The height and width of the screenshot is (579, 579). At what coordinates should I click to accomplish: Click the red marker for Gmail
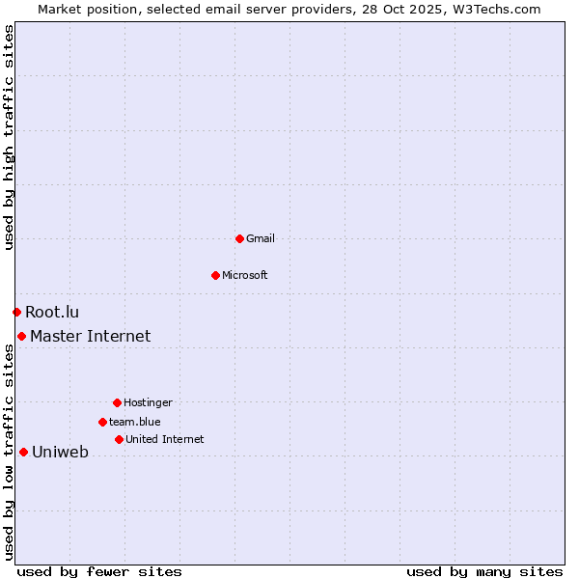pyautogui.click(x=239, y=238)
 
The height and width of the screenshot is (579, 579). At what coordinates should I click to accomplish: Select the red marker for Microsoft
pyautogui.click(x=215, y=275)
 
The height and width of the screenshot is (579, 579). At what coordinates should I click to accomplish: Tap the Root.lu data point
pyautogui.click(x=16, y=312)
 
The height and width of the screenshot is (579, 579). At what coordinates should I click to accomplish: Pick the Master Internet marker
pyautogui.click(x=21, y=336)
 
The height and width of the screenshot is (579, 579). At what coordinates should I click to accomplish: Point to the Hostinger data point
pyautogui.click(x=117, y=402)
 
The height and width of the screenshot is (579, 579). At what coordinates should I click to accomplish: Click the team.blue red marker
pyautogui.click(x=102, y=422)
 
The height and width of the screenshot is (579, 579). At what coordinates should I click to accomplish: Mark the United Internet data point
pyautogui.click(x=119, y=439)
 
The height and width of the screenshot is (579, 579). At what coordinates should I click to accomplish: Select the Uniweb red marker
pyautogui.click(x=23, y=452)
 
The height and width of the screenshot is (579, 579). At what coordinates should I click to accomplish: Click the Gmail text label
pyautogui.click(x=261, y=238)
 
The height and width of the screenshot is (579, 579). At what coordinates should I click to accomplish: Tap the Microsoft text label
pyautogui.click(x=245, y=275)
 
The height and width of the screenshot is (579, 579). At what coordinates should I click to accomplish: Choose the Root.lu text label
pyautogui.click(x=52, y=312)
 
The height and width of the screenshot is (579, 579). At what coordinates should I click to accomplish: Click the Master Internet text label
pyautogui.click(x=91, y=336)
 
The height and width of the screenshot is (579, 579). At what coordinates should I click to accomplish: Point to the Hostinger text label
pyautogui.click(x=148, y=402)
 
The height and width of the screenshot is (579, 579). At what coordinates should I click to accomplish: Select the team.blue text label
pyautogui.click(x=135, y=422)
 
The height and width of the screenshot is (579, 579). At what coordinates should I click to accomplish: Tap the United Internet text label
pyautogui.click(x=165, y=439)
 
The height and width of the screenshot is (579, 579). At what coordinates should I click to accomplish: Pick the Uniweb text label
pyautogui.click(x=60, y=452)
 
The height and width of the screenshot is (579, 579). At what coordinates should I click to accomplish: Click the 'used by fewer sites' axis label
pyautogui.click(x=99, y=571)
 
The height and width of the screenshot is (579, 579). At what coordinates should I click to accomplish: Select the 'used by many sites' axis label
pyautogui.click(x=484, y=571)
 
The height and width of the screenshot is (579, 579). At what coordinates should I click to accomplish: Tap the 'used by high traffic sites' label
pyautogui.click(x=9, y=137)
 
